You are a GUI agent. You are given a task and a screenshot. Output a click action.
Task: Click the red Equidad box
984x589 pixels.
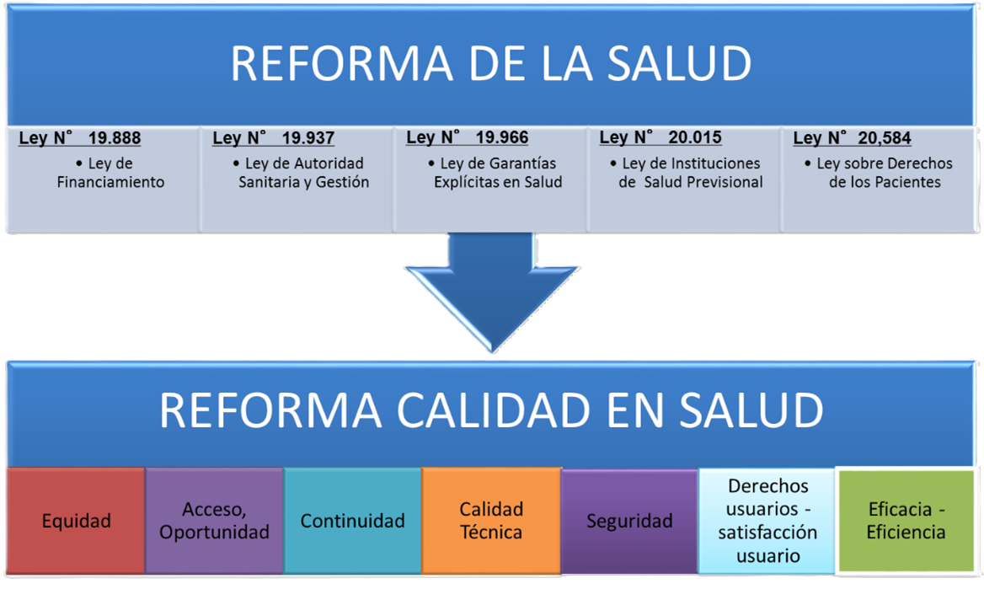pyautogui.click(x=76, y=521)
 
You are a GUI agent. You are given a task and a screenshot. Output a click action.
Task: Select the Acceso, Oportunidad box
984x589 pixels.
pyautogui.click(x=214, y=521)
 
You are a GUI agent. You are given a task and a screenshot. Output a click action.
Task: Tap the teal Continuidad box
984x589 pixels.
pyautogui.click(x=352, y=521)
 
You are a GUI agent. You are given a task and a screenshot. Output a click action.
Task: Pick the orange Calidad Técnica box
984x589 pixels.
pyautogui.click(x=491, y=521)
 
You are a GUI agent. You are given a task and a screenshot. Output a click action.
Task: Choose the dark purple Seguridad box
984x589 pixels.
pyautogui.click(x=629, y=521)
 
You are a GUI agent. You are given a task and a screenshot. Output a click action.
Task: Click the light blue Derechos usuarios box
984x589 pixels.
pyautogui.click(x=767, y=521)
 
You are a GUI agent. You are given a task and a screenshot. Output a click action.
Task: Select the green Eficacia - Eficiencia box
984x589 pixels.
pyautogui.click(x=906, y=521)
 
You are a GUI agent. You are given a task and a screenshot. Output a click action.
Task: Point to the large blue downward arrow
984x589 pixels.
pyautogui.click(x=492, y=289)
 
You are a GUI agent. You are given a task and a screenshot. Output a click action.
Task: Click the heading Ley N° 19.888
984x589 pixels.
pyautogui.click(x=80, y=138)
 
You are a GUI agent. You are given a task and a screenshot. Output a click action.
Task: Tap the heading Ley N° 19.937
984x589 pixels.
pyautogui.click(x=274, y=138)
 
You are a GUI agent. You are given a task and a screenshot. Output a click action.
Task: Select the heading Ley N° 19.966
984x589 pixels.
pyautogui.click(x=468, y=137)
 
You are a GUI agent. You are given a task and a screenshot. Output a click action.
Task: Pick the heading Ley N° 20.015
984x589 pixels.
pyautogui.click(x=660, y=137)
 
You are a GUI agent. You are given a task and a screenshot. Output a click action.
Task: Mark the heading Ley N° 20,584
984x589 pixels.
pyautogui.click(x=853, y=138)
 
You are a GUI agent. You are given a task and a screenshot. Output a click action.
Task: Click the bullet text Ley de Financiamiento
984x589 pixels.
pyautogui.click(x=111, y=173)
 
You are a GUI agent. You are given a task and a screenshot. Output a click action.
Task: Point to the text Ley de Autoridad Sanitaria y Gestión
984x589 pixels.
pyautogui.click(x=304, y=173)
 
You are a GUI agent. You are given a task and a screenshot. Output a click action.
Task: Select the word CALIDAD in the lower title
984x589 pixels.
pyautogui.click(x=493, y=410)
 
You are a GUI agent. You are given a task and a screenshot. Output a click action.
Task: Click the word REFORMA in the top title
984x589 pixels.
pyautogui.click(x=342, y=63)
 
